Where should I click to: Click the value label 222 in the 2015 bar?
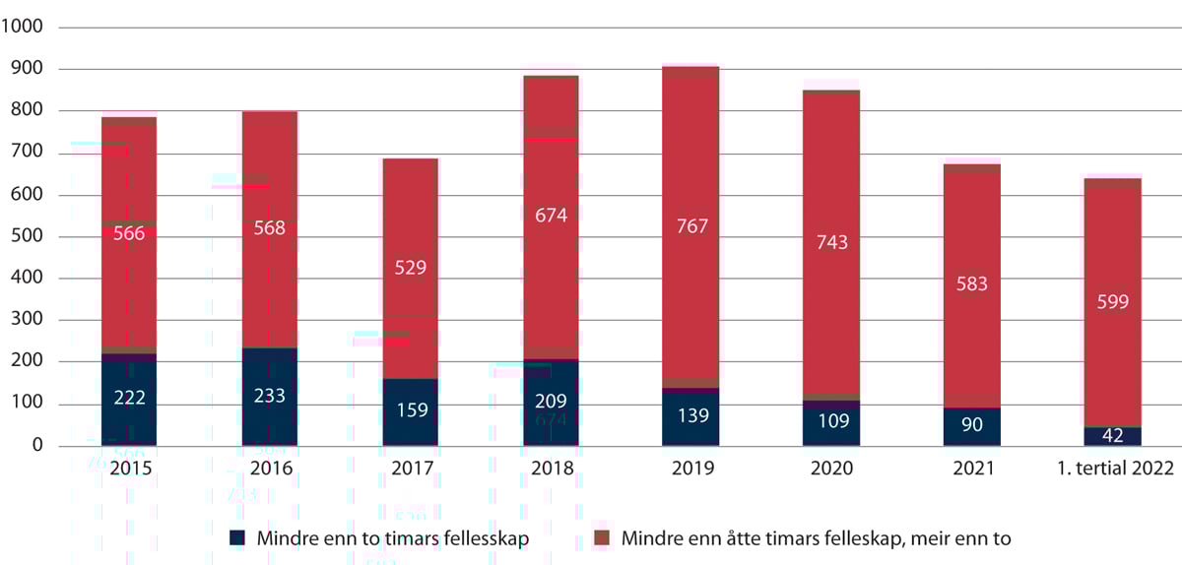click(129, 397)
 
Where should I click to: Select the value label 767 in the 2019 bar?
click(691, 225)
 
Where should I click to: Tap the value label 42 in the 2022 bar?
click(1112, 437)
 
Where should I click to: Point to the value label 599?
click(1112, 302)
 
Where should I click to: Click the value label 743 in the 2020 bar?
click(831, 242)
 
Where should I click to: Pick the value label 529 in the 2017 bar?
click(410, 268)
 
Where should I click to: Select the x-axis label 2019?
click(691, 470)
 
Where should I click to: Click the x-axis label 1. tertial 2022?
click(1112, 470)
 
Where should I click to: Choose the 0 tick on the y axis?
click(37, 446)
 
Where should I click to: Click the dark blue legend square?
click(237, 538)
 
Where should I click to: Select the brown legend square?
click(602, 538)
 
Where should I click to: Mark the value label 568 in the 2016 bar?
click(269, 227)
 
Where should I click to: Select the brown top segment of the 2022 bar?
click(1112, 183)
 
